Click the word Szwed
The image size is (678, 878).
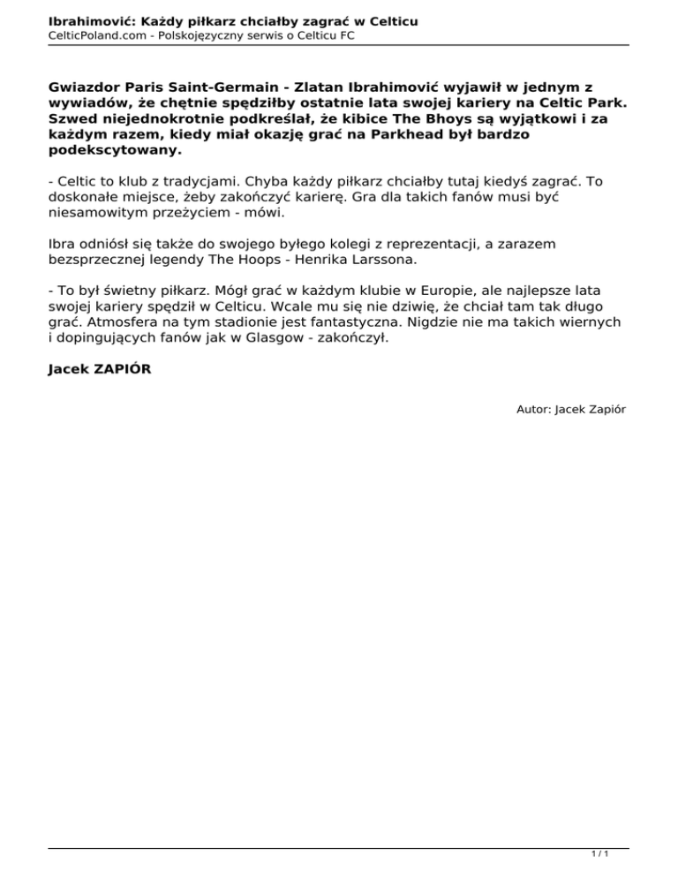click(72, 119)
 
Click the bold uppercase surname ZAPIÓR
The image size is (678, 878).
click(120, 368)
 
